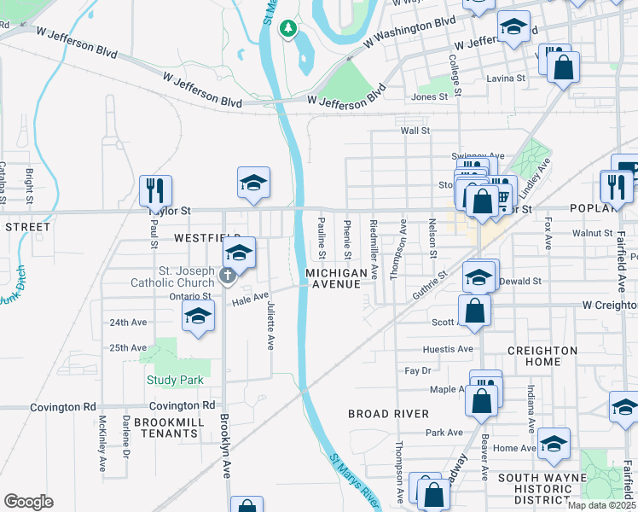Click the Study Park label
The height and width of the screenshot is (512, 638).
[175, 380]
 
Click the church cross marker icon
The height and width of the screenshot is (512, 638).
[227, 275]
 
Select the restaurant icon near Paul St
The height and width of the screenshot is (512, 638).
[155, 189]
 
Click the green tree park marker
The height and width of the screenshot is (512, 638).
[288, 29]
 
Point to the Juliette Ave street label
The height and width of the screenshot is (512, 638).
[270, 325]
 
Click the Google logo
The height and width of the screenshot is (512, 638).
[28, 501]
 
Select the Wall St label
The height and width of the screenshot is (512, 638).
[415, 131]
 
